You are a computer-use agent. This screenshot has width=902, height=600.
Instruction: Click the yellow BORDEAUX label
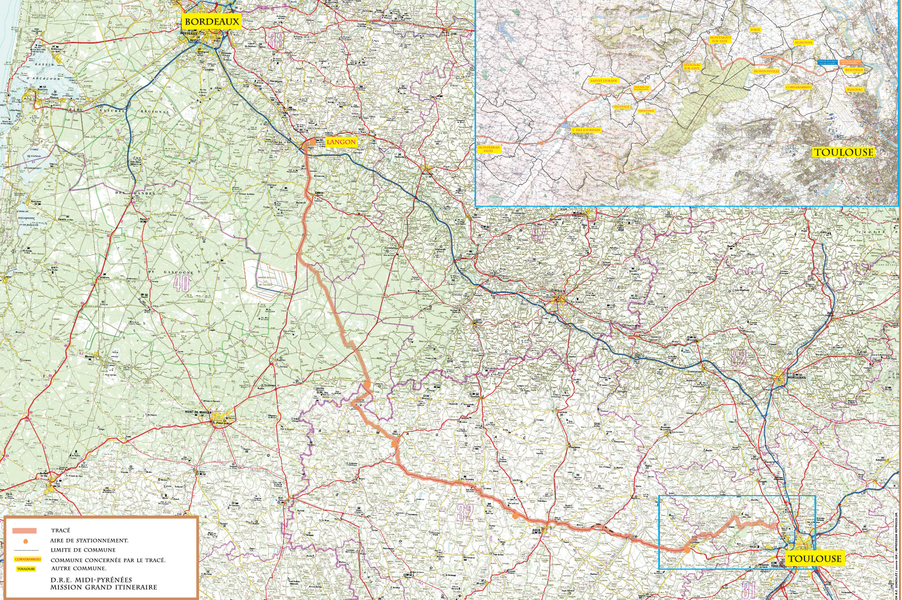click(212, 21)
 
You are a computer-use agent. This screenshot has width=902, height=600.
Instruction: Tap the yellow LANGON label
click(341, 142)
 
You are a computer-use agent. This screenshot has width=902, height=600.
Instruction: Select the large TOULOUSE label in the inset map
click(843, 152)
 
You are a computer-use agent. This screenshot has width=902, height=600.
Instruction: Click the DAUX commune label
click(755, 29)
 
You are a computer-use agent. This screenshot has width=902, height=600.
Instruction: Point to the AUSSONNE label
click(804, 43)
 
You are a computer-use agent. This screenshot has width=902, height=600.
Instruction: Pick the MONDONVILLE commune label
click(766, 71)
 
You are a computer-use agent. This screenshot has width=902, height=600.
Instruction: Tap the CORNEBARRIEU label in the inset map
click(799, 87)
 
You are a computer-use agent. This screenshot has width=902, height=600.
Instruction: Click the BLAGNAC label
click(855, 89)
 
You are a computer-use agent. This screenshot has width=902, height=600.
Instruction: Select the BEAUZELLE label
click(855, 70)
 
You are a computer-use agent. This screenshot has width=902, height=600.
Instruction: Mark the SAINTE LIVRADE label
click(604, 81)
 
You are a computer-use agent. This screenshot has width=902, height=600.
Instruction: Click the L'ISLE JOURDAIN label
click(586, 130)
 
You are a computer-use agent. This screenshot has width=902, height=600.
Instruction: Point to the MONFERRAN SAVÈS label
click(489, 149)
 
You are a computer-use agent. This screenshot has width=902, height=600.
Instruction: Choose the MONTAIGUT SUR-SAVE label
click(720, 39)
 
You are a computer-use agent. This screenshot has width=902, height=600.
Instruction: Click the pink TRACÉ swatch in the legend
click(25, 531)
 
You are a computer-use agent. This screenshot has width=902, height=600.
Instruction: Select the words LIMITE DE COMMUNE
click(83, 550)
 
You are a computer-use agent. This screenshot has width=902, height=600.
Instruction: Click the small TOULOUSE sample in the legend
click(26, 569)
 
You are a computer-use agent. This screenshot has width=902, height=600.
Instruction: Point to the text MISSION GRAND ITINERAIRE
click(103, 587)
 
